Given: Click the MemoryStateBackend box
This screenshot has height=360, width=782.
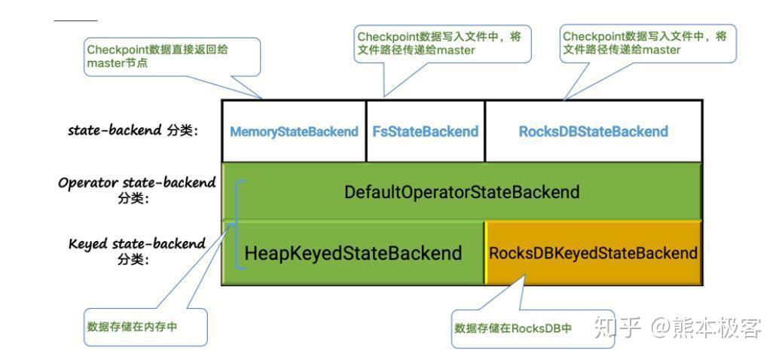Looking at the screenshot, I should pyautogui.click(x=294, y=131).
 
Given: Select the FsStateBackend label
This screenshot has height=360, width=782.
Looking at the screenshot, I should pyautogui.click(x=425, y=131).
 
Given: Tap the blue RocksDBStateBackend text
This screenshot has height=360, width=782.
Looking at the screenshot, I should pyautogui.click(x=593, y=131).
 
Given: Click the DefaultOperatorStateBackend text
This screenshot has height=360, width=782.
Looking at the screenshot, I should pyautogui.click(x=462, y=192).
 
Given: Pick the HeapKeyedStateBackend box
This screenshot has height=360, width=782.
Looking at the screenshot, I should pyautogui.click(x=353, y=253).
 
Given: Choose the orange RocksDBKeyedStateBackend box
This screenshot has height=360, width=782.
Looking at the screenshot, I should pyautogui.click(x=593, y=253).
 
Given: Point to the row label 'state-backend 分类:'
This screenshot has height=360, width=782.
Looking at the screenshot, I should pyautogui.click(x=133, y=130).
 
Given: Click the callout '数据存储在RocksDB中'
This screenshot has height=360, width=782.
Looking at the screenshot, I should pyautogui.click(x=513, y=329).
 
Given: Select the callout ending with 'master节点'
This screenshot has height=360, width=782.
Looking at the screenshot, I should pyautogui.click(x=173, y=56).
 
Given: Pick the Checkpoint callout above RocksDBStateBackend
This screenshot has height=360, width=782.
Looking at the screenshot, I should pyautogui.click(x=647, y=44).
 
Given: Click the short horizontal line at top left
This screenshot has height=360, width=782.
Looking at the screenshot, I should pyautogui.click(x=75, y=20).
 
